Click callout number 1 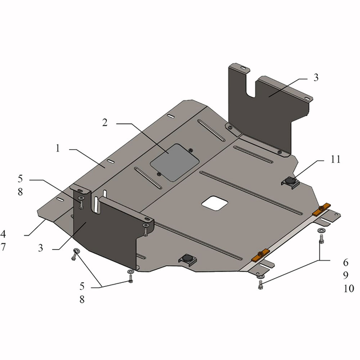pyautogui.click(x=58, y=149)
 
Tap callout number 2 pyautogui.click(x=105, y=123)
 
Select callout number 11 pyautogui.click(x=335, y=159)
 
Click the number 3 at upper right pyautogui.click(x=316, y=78)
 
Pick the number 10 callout pyautogui.click(x=349, y=289)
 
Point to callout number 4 pyautogui.click(x=3, y=234)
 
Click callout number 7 pyautogui.click(x=3, y=247)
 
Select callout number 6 pyautogui.click(x=346, y=262)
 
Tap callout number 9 pyautogui.click(x=346, y=275)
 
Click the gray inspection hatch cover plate pyautogui.click(x=174, y=162)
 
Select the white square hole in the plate pyautogui.click(x=215, y=203)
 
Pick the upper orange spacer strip pyautogui.click(x=321, y=210)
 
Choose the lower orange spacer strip pyautogui.click(x=260, y=255)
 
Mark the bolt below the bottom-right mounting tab pyautogui.click(x=261, y=285)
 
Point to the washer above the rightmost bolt pyautogui.click(x=321, y=230)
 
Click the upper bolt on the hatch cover pyautogui.click(x=190, y=150)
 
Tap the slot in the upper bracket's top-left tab pyautogui.click(x=243, y=68)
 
